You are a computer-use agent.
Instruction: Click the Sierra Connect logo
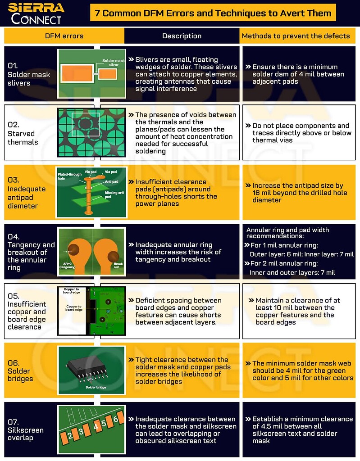[x=36, y=13]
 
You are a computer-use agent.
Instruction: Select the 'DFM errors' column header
[x=64, y=36]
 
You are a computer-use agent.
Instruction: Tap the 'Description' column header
[x=182, y=36]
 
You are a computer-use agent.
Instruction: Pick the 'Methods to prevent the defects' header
[x=296, y=36]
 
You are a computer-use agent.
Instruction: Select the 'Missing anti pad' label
[x=114, y=194]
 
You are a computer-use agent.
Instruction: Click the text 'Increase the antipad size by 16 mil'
[x=297, y=185]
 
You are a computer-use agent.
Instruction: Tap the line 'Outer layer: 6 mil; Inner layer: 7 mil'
[x=301, y=254]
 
